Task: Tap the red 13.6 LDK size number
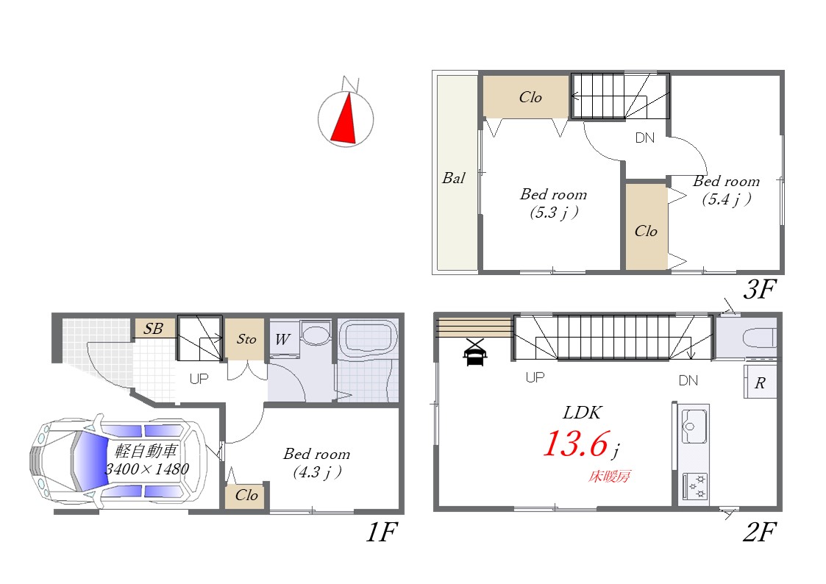577,444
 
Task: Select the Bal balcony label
454,178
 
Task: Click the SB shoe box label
153,329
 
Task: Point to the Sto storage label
246,338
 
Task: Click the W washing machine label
282,340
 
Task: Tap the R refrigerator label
760,383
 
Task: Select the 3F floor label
760,288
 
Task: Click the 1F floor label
382,532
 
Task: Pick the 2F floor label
759,532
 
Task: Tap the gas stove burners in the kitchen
695,487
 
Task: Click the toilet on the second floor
759,338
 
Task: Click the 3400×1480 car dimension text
147,469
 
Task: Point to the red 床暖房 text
609,477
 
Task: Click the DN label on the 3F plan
645,138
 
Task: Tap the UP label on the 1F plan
199,379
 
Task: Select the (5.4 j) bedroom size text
727,199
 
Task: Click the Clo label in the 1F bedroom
246,495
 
